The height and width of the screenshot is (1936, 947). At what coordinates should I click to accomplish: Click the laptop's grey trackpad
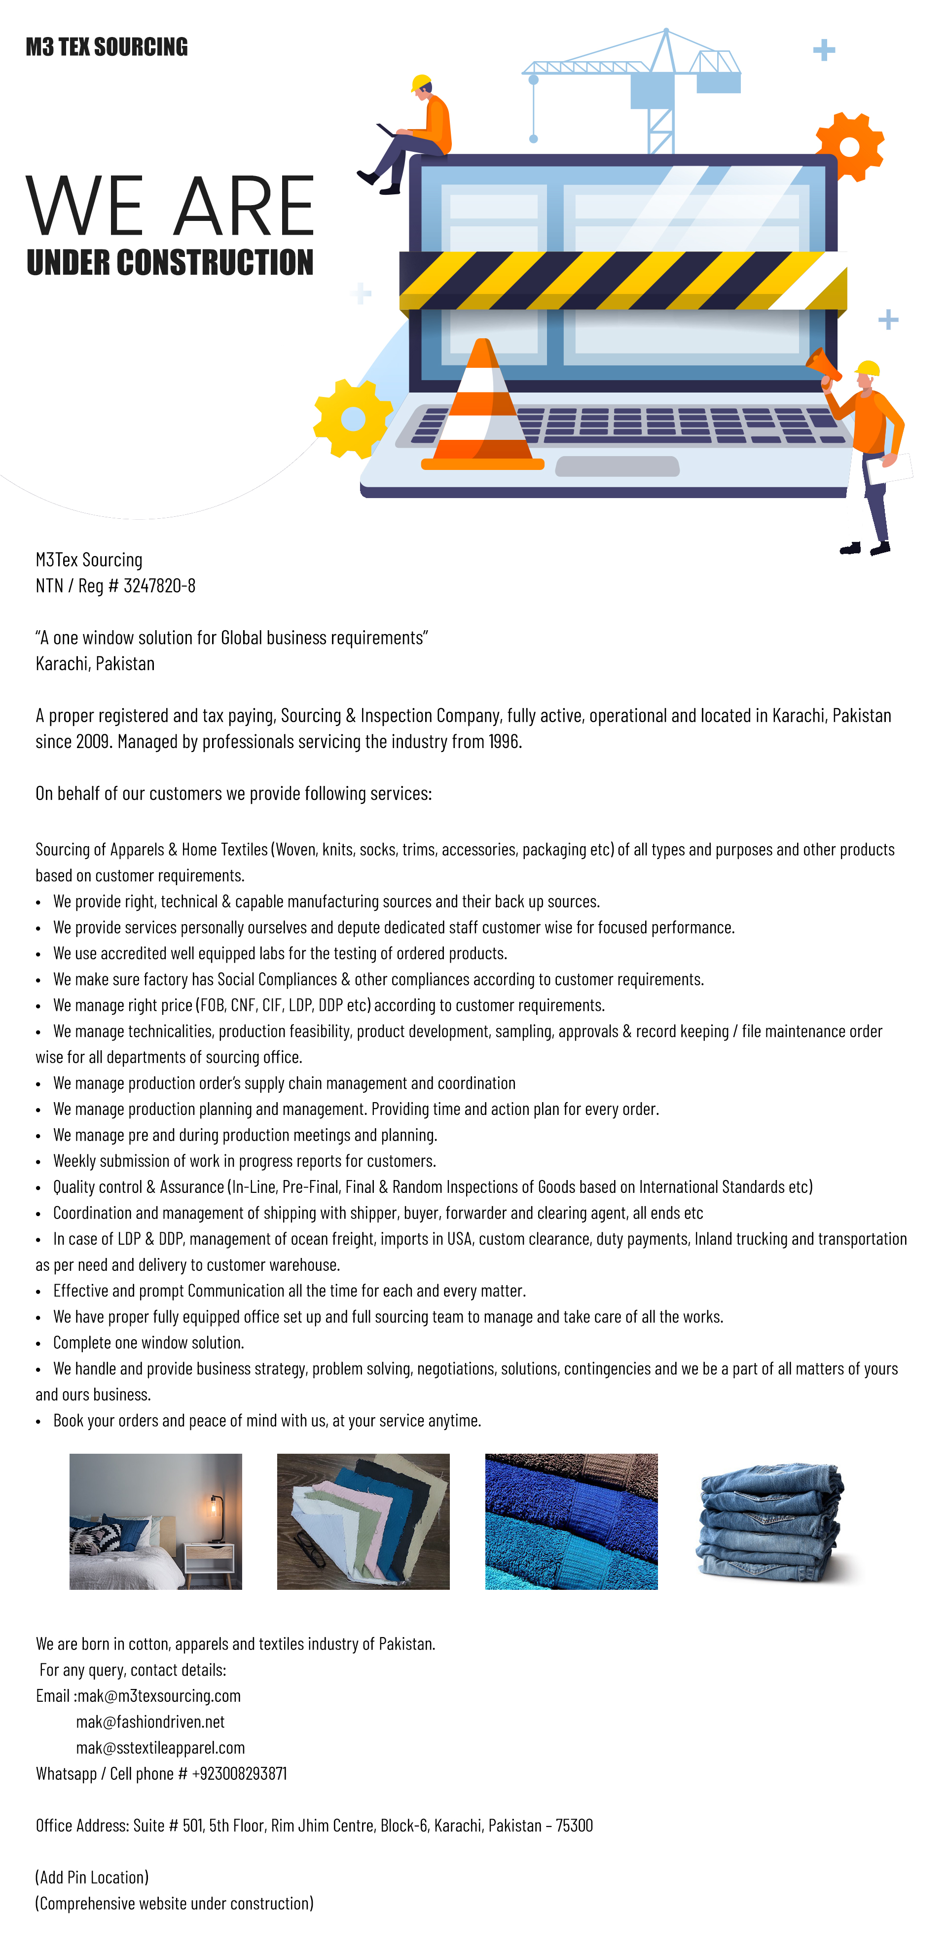(x=617, y=466)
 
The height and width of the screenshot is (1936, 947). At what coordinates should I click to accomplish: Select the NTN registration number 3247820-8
(x=159, y=585)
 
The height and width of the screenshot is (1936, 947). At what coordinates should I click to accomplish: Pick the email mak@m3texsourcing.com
(x=159, y=1695)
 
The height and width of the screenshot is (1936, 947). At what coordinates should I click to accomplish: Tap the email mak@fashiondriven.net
(x=150, y=1722)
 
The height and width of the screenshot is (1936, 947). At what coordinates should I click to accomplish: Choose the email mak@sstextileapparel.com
(x=160, y=1747)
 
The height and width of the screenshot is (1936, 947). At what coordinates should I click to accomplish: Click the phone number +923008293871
(x=239, y=1774)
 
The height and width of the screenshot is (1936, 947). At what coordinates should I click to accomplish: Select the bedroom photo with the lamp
(x=155, y=1521)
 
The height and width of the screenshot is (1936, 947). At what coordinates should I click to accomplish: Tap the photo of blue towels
(x=571, y=1521)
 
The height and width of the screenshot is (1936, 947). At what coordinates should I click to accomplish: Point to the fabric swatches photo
(x=363, y=1521)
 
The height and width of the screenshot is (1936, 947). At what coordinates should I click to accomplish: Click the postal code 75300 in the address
(x=574, y=1826)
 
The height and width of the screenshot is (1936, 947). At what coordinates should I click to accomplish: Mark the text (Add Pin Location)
(x=92, y=1877)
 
